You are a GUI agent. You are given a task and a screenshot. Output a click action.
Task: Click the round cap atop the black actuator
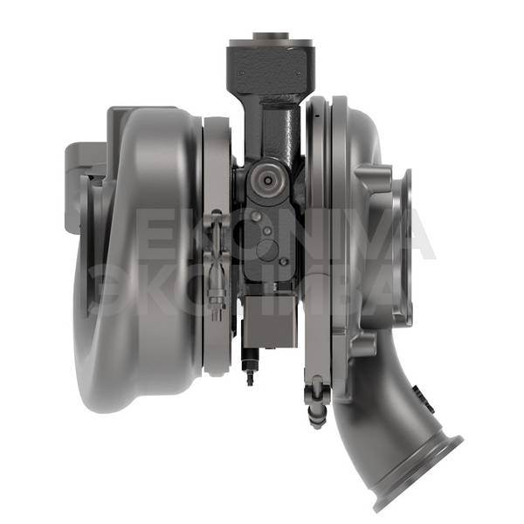pos(271,36)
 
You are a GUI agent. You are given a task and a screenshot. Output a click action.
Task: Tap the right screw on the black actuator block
pos(299,72)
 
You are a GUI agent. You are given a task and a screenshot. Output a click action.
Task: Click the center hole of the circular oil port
pos(268,180)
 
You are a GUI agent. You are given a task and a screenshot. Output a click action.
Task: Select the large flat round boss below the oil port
pos(267,250)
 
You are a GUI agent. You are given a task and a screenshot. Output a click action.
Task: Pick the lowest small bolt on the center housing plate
pos(284,262)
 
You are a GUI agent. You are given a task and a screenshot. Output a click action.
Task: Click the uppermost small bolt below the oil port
pos(256,217)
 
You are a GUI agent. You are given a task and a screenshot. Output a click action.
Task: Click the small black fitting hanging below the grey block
pos(250,366)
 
